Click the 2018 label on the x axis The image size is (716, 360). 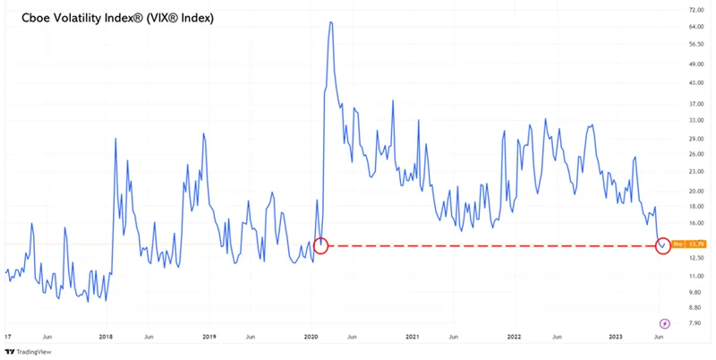(106, 337)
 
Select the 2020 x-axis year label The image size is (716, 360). (311, 337)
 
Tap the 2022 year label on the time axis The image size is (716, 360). (515, 337)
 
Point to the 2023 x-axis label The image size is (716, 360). (617, 337)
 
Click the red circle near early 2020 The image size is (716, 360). (321, 244)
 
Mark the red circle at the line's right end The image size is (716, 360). (663, 244)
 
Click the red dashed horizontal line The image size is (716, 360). (492, 244)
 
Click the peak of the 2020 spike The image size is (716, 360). (331, 22)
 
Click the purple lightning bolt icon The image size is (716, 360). (665, 323)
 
